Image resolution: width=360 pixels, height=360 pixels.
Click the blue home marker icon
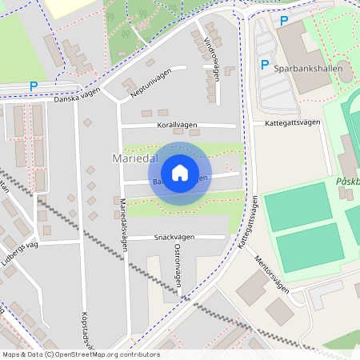point(180,173)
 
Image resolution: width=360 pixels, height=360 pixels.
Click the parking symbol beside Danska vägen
point(34,86)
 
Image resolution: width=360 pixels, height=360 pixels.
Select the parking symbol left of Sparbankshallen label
point(264,65)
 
